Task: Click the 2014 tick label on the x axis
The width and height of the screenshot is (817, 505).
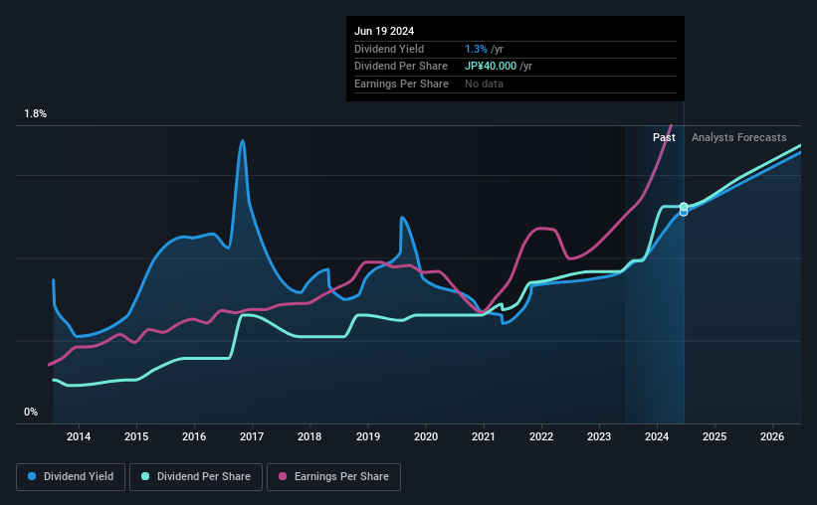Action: [x=79, y=436]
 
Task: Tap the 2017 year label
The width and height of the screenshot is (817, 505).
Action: [x=252, y=436]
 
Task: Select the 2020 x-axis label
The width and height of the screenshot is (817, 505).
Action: [x=425, y=436]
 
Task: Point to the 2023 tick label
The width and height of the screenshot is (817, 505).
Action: [x=599, y=436]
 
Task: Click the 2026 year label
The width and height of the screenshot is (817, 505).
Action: [x=772, y=436]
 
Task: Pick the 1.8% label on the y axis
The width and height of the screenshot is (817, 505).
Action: [x=36, y=114]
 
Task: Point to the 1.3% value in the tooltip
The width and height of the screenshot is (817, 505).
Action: [x=475, y=49]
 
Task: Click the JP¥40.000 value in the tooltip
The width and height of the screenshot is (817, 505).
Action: [x=492, y=67]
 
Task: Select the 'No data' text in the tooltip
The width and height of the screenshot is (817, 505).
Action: [x=484, y=84]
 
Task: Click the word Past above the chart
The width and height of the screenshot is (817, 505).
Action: [x=664, y=137]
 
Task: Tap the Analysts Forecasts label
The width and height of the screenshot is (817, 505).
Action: [x=738, y=137]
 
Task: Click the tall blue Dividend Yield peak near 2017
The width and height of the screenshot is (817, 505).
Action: [x=242, y=141]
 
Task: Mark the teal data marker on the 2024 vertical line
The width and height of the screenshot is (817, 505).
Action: [x=684, y=207]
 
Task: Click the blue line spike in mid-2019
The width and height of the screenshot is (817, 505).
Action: [x=402, y=218]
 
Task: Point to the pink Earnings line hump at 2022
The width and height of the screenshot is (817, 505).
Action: [x=542, y=229]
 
